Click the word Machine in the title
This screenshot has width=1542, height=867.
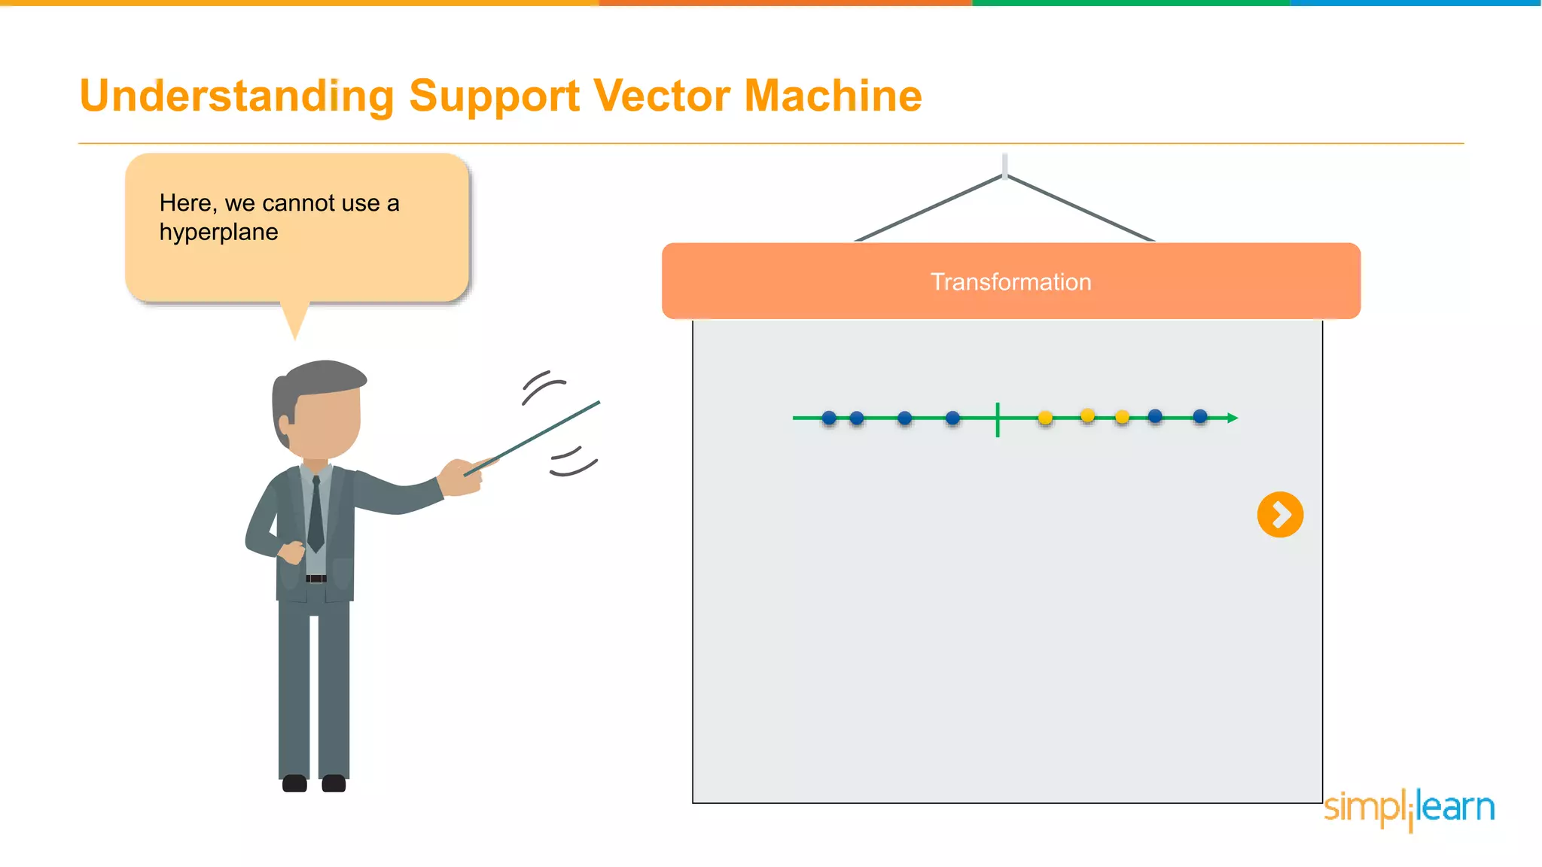tap(833, 96)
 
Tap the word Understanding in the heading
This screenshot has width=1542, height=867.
tap(236, 96)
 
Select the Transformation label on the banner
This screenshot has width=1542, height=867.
tap(1010, 281)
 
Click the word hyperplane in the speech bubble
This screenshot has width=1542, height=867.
tap(218, 232)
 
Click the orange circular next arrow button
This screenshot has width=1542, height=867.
tap(1280, 515)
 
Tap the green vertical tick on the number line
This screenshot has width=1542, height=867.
tap(998, 419)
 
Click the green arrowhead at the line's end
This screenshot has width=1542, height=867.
tap(1233, 418)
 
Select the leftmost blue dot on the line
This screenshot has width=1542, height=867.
tap(829, 418)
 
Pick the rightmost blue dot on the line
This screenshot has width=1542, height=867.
tap(1200, 416)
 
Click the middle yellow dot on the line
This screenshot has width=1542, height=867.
tap(1087, 415)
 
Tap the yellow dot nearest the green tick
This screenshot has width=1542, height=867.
tap(1045, 418)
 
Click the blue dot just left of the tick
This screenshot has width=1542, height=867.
tap(952, 418)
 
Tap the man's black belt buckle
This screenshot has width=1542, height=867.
tap(316, 578)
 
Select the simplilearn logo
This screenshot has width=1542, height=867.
tap(1409, 808)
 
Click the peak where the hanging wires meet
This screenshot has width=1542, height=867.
tap(1004, 175)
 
